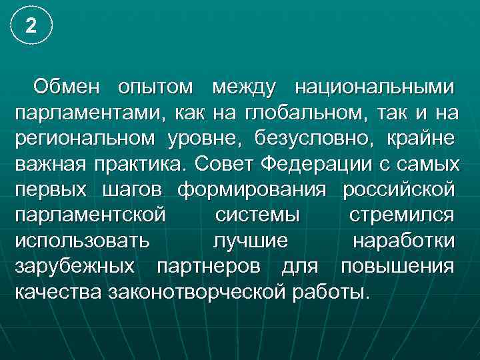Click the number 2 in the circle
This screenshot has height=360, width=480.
[29, 26]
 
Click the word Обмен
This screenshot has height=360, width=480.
[67, 87]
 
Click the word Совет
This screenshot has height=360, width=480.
[223, 163]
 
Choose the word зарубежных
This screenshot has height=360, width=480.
[77, 266]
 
